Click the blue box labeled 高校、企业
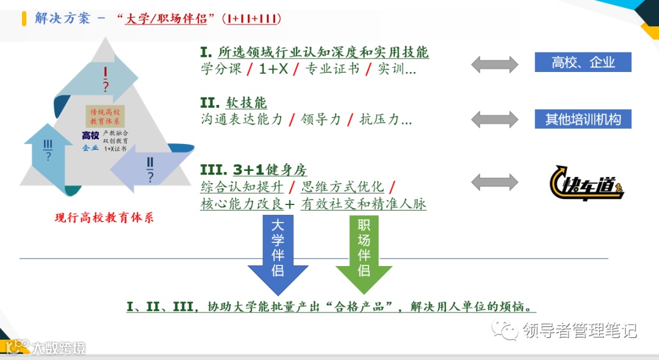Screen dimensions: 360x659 click(x=583, y=62)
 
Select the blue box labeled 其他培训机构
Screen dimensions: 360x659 click(x=583, y=118)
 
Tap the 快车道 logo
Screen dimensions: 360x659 click(x=586, y=182)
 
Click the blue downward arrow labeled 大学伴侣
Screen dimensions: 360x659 click(x=278, y=254)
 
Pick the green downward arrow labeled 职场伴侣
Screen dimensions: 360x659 click(x=364, y=254)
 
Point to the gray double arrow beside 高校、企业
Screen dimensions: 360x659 click(x=494, y=63)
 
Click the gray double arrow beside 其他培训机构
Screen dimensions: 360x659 click(x=494, y=118)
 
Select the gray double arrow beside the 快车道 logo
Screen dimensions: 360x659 click(x=494, y=182)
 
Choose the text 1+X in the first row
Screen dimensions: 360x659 click(x=273, y=70)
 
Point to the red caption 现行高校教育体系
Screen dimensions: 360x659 click(x=104, y=218)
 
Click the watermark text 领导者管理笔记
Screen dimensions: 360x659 click(x=580, y=330)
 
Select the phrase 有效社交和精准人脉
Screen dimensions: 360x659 click(x=364, y=204)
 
